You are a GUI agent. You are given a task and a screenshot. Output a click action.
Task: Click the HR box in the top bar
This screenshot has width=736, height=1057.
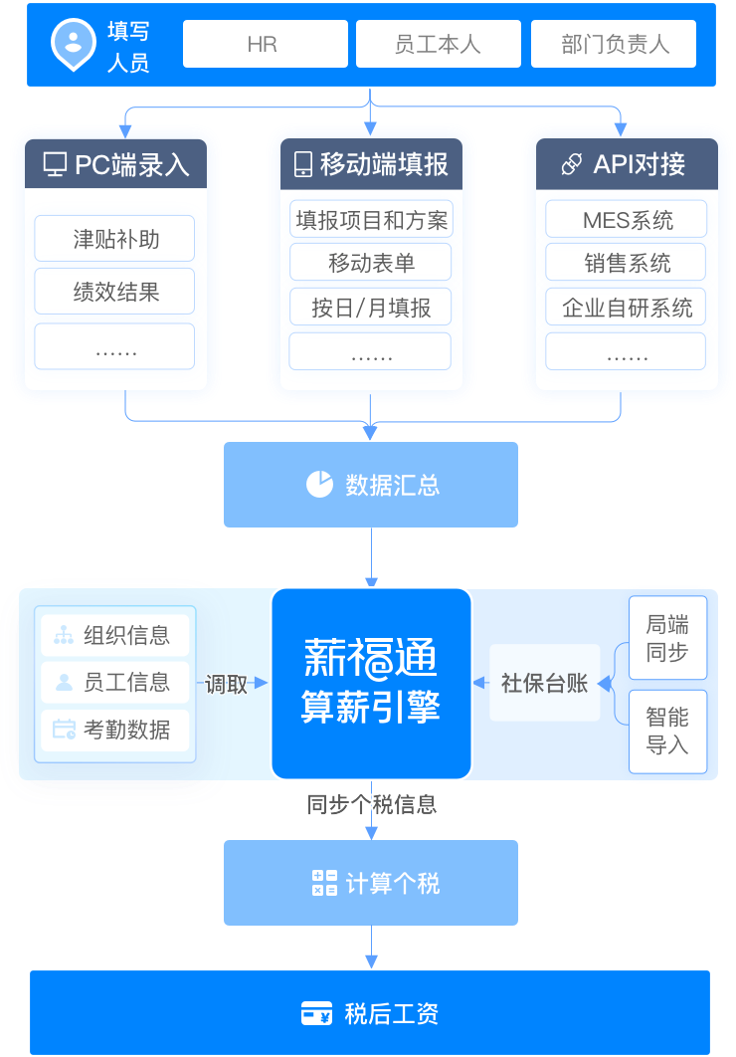266,44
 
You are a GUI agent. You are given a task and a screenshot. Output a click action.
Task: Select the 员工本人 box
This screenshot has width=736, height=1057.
439,44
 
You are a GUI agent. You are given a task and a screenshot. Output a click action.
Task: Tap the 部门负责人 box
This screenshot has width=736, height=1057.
614,44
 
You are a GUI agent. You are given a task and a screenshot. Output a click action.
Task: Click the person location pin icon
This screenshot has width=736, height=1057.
74,45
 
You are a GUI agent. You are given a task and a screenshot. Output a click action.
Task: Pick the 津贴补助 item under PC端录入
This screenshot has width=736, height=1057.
114,239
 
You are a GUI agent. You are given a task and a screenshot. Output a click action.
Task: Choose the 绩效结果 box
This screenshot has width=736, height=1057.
114,292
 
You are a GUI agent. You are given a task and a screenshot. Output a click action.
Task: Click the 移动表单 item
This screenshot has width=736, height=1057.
370,262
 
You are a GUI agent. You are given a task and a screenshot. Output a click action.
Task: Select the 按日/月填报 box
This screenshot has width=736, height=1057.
370,307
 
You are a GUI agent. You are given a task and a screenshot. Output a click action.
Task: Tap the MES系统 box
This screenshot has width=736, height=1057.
627,219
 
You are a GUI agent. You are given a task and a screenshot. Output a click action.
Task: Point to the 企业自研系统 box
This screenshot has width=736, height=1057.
627,307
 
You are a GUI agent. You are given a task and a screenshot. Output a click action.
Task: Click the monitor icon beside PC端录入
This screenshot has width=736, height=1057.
55,164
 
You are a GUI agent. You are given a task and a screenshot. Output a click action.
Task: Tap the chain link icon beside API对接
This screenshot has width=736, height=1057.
572,164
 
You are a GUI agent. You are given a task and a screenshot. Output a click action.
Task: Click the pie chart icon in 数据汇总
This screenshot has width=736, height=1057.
319,484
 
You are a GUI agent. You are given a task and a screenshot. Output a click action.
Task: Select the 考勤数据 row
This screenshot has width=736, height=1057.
114,730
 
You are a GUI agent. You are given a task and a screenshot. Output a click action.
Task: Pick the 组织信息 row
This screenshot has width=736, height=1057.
114,635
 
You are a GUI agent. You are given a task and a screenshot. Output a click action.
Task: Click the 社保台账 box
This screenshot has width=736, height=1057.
545,683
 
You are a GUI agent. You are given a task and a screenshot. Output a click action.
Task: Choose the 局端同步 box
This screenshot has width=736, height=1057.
668,638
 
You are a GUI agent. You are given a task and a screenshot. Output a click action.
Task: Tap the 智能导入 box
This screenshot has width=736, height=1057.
668,732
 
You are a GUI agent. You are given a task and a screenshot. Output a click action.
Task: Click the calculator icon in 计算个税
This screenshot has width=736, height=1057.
324,883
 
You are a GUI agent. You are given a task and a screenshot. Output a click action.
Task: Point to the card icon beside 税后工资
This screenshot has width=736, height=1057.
316,1013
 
